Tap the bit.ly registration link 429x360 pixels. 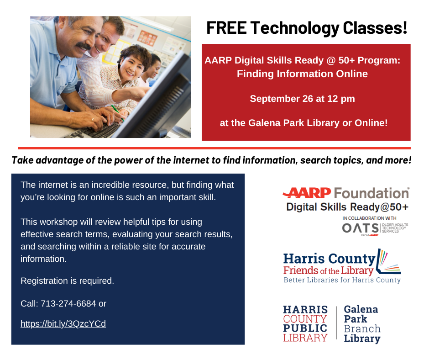coord(63,324)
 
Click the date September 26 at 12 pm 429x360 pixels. coord(302,98)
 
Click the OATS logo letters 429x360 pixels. coord(360,228)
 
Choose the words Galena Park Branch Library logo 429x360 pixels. coord(362,324)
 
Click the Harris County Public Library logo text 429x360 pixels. coord(305,324)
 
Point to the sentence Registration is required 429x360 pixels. coord(67,281)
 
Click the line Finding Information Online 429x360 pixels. coord(302,73)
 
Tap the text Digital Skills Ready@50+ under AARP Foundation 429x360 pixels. coord(347,207)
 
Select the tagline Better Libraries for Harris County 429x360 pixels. coord(342,280)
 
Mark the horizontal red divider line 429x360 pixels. coord(214,148)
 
